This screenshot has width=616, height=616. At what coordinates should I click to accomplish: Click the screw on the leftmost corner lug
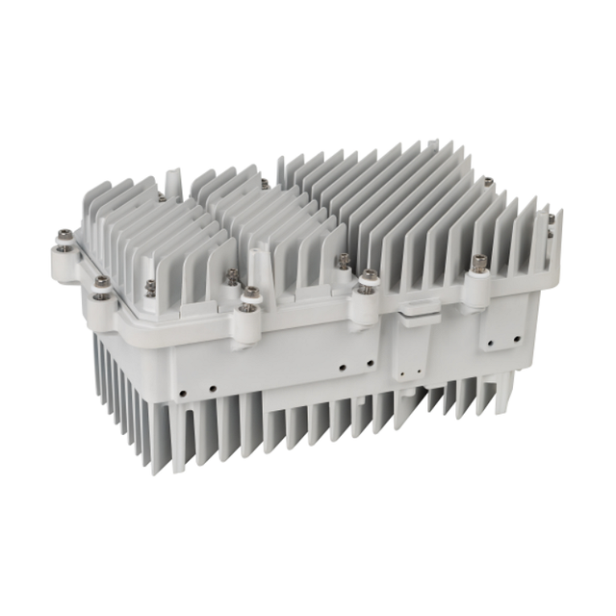(64, 234)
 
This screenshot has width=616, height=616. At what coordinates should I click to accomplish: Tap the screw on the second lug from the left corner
(101, 281)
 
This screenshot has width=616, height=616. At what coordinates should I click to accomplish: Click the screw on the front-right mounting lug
(479, 261)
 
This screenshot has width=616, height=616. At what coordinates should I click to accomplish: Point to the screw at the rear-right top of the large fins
(488, 180)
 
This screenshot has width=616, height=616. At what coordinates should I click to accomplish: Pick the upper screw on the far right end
(552, 219)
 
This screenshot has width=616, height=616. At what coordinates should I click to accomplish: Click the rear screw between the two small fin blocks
(264, 183)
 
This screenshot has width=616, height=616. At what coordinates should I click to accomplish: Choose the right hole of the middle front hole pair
(369, 364)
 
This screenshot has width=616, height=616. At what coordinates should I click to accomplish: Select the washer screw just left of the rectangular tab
(368, 279)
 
